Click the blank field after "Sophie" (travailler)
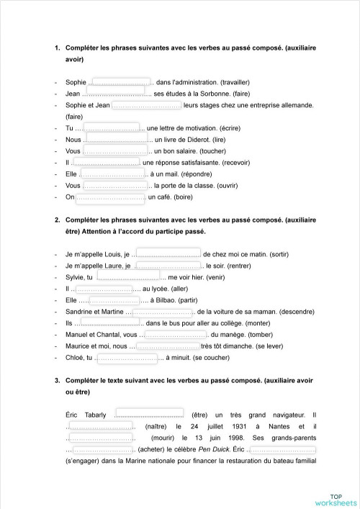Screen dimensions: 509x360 point(121,83)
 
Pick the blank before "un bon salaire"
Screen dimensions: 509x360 point(115,151)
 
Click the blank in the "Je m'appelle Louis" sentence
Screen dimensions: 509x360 point(168,254)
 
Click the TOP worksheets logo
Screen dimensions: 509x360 point(336,499)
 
